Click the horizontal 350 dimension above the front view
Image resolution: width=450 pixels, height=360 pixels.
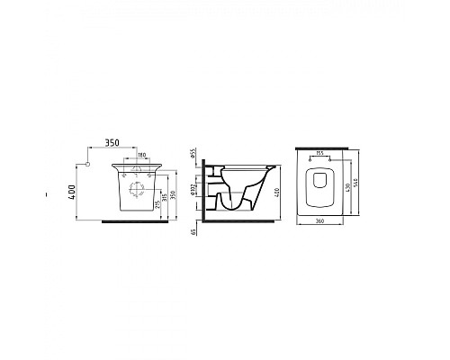(x=112, y=142)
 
